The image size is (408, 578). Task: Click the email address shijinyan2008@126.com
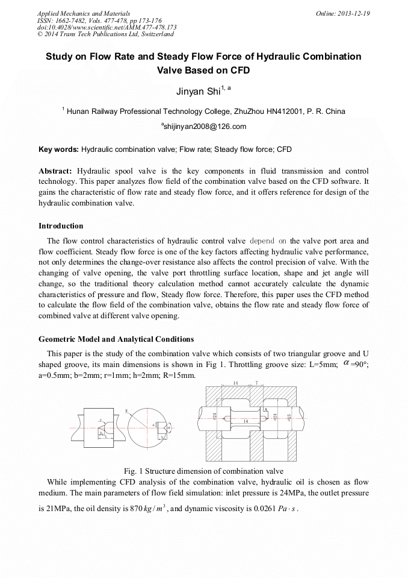point(204,127)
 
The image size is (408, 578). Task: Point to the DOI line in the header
point(107,27)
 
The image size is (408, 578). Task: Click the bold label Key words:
point(58,149)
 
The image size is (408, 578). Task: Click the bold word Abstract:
point(55,171)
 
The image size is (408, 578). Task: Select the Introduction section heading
point(61,226)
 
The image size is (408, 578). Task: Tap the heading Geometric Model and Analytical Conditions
point(116,339)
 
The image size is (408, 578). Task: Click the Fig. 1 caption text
point(203,471)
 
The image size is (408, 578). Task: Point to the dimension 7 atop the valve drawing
point(257,383)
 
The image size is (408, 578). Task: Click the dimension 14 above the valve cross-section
point(236,383)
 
